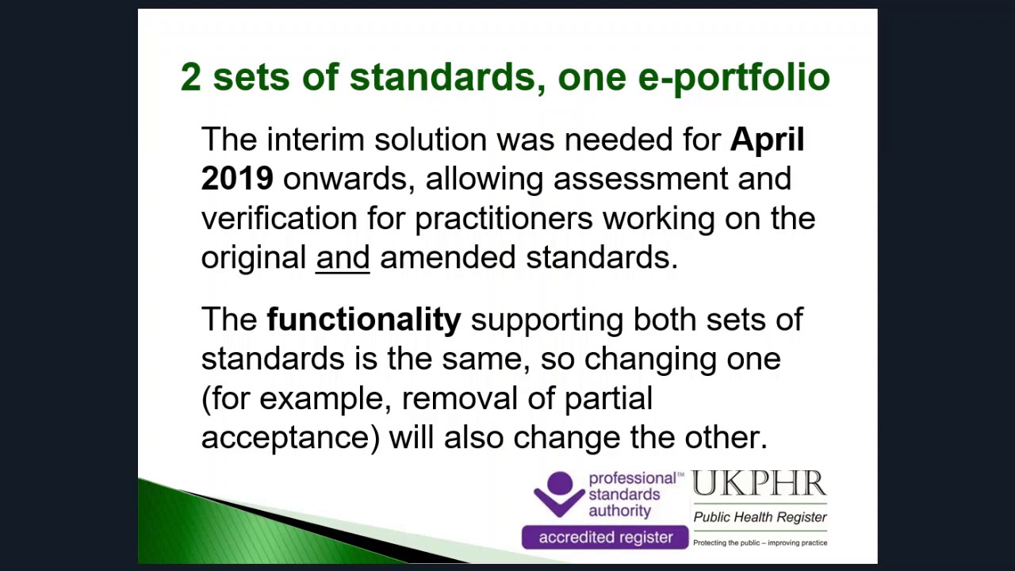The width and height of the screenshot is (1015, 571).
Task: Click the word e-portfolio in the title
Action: (733, 78)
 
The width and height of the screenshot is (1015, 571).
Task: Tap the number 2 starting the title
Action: (190, 78)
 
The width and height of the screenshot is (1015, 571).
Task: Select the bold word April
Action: (767, 140)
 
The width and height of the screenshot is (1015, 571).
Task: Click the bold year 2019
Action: (237, 179)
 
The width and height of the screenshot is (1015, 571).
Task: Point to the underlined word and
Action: (343, 258)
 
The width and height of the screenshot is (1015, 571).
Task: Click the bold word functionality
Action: (364, 320)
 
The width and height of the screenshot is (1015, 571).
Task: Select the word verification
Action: (279, 219)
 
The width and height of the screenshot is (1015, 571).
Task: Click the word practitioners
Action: (504, 219)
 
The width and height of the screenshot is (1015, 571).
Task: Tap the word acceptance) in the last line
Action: (291, 438)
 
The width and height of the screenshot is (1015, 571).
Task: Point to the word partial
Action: (608, 398)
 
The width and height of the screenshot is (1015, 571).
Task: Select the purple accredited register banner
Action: (605, 538)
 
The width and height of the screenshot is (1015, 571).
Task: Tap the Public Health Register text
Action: (760, 517)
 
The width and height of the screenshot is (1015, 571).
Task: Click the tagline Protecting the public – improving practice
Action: (760, 543)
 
